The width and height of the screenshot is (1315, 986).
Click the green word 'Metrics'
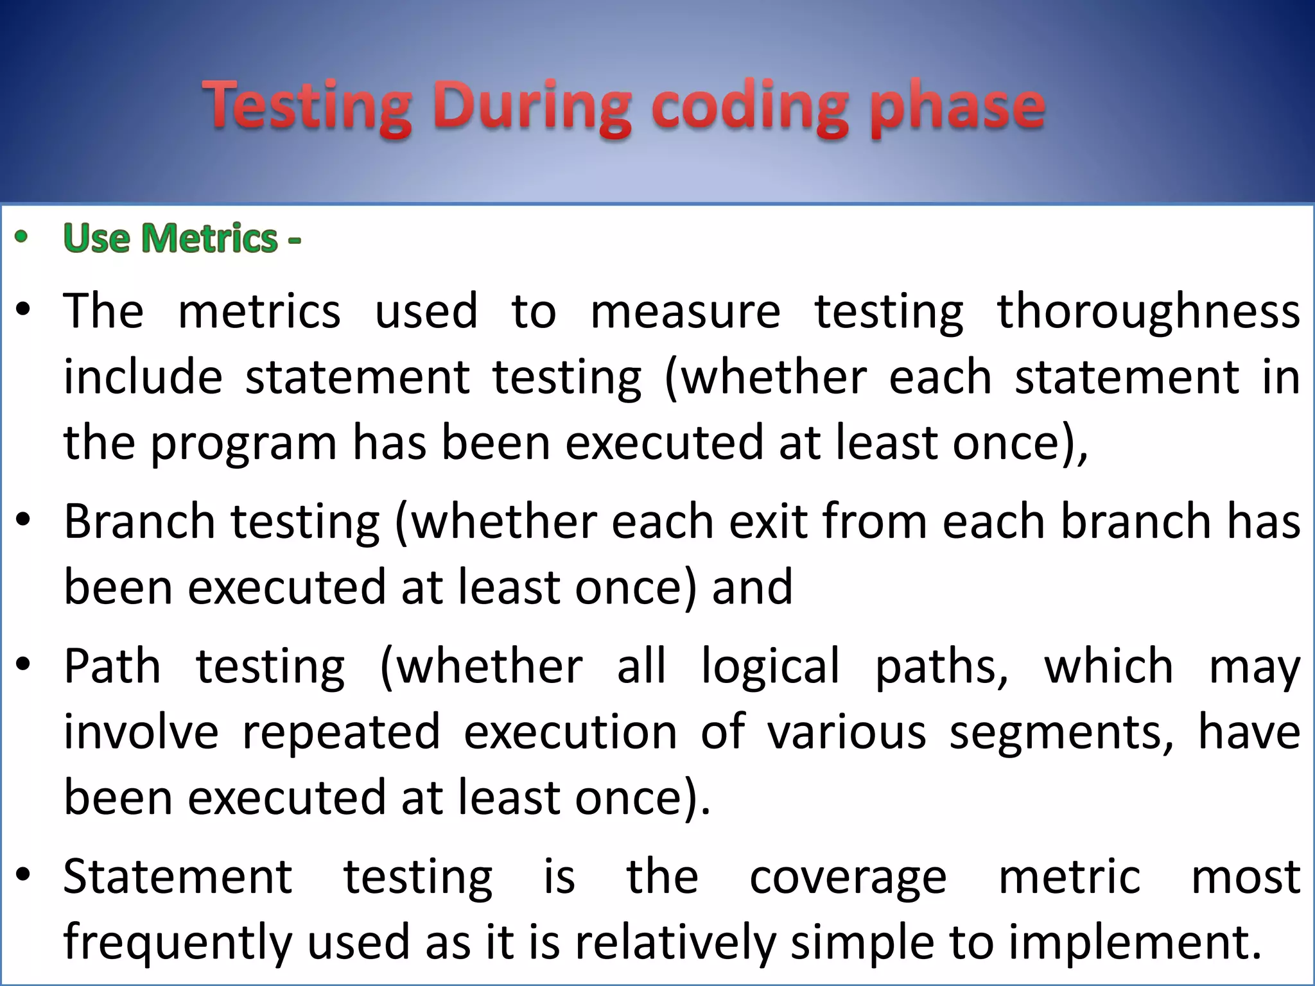[209, 239]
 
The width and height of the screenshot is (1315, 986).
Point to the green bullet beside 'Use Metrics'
[22, 237]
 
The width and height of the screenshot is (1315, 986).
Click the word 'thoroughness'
[1148, 311]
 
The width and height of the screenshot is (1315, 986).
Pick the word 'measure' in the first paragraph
[685, 311]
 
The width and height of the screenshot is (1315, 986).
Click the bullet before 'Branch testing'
[23, 519]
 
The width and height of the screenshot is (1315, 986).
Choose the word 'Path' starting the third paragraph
[112, 666]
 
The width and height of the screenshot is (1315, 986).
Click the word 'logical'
[770, 666]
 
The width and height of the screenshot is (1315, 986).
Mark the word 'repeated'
[341, 732]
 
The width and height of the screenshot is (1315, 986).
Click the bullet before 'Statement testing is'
[23, 875]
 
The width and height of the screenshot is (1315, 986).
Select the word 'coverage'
[848, 878]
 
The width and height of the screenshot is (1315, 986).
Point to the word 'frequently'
[178, 942]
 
